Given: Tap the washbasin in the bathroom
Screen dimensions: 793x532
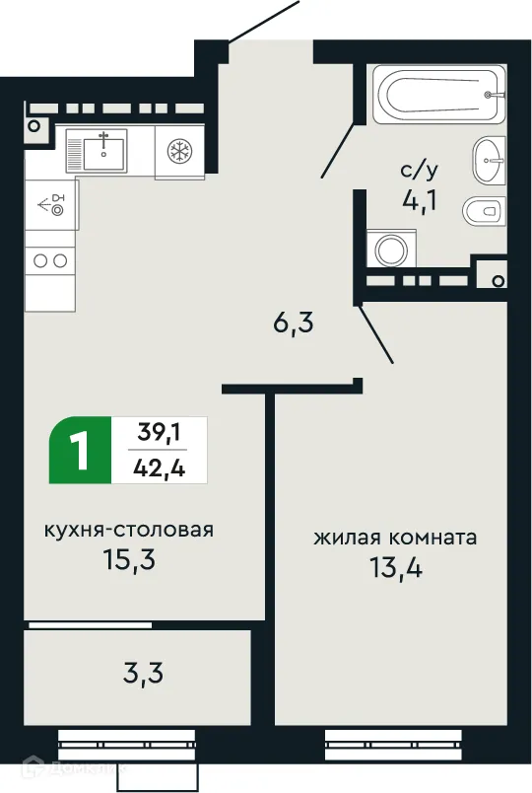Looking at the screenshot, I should (x=489, y=161).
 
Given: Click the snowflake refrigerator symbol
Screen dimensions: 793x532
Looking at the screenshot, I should (x=179, y=152).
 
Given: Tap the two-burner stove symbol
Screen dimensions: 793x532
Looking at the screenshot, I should (x=50, y=261).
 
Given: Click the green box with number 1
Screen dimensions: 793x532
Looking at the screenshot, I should (x=80, y=450).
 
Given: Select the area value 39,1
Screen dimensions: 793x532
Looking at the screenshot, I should (x=159, y=431).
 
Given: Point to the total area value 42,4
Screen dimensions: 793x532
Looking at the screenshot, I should (x=159, y=467).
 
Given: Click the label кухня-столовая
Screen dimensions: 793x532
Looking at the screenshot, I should (x=128, y=530).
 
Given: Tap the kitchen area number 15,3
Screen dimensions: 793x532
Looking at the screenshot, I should (x=130, y=560).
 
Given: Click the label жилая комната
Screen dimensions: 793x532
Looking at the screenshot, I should (x=395, y=539).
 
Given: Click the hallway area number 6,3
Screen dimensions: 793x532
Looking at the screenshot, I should (x=294, y=324).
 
